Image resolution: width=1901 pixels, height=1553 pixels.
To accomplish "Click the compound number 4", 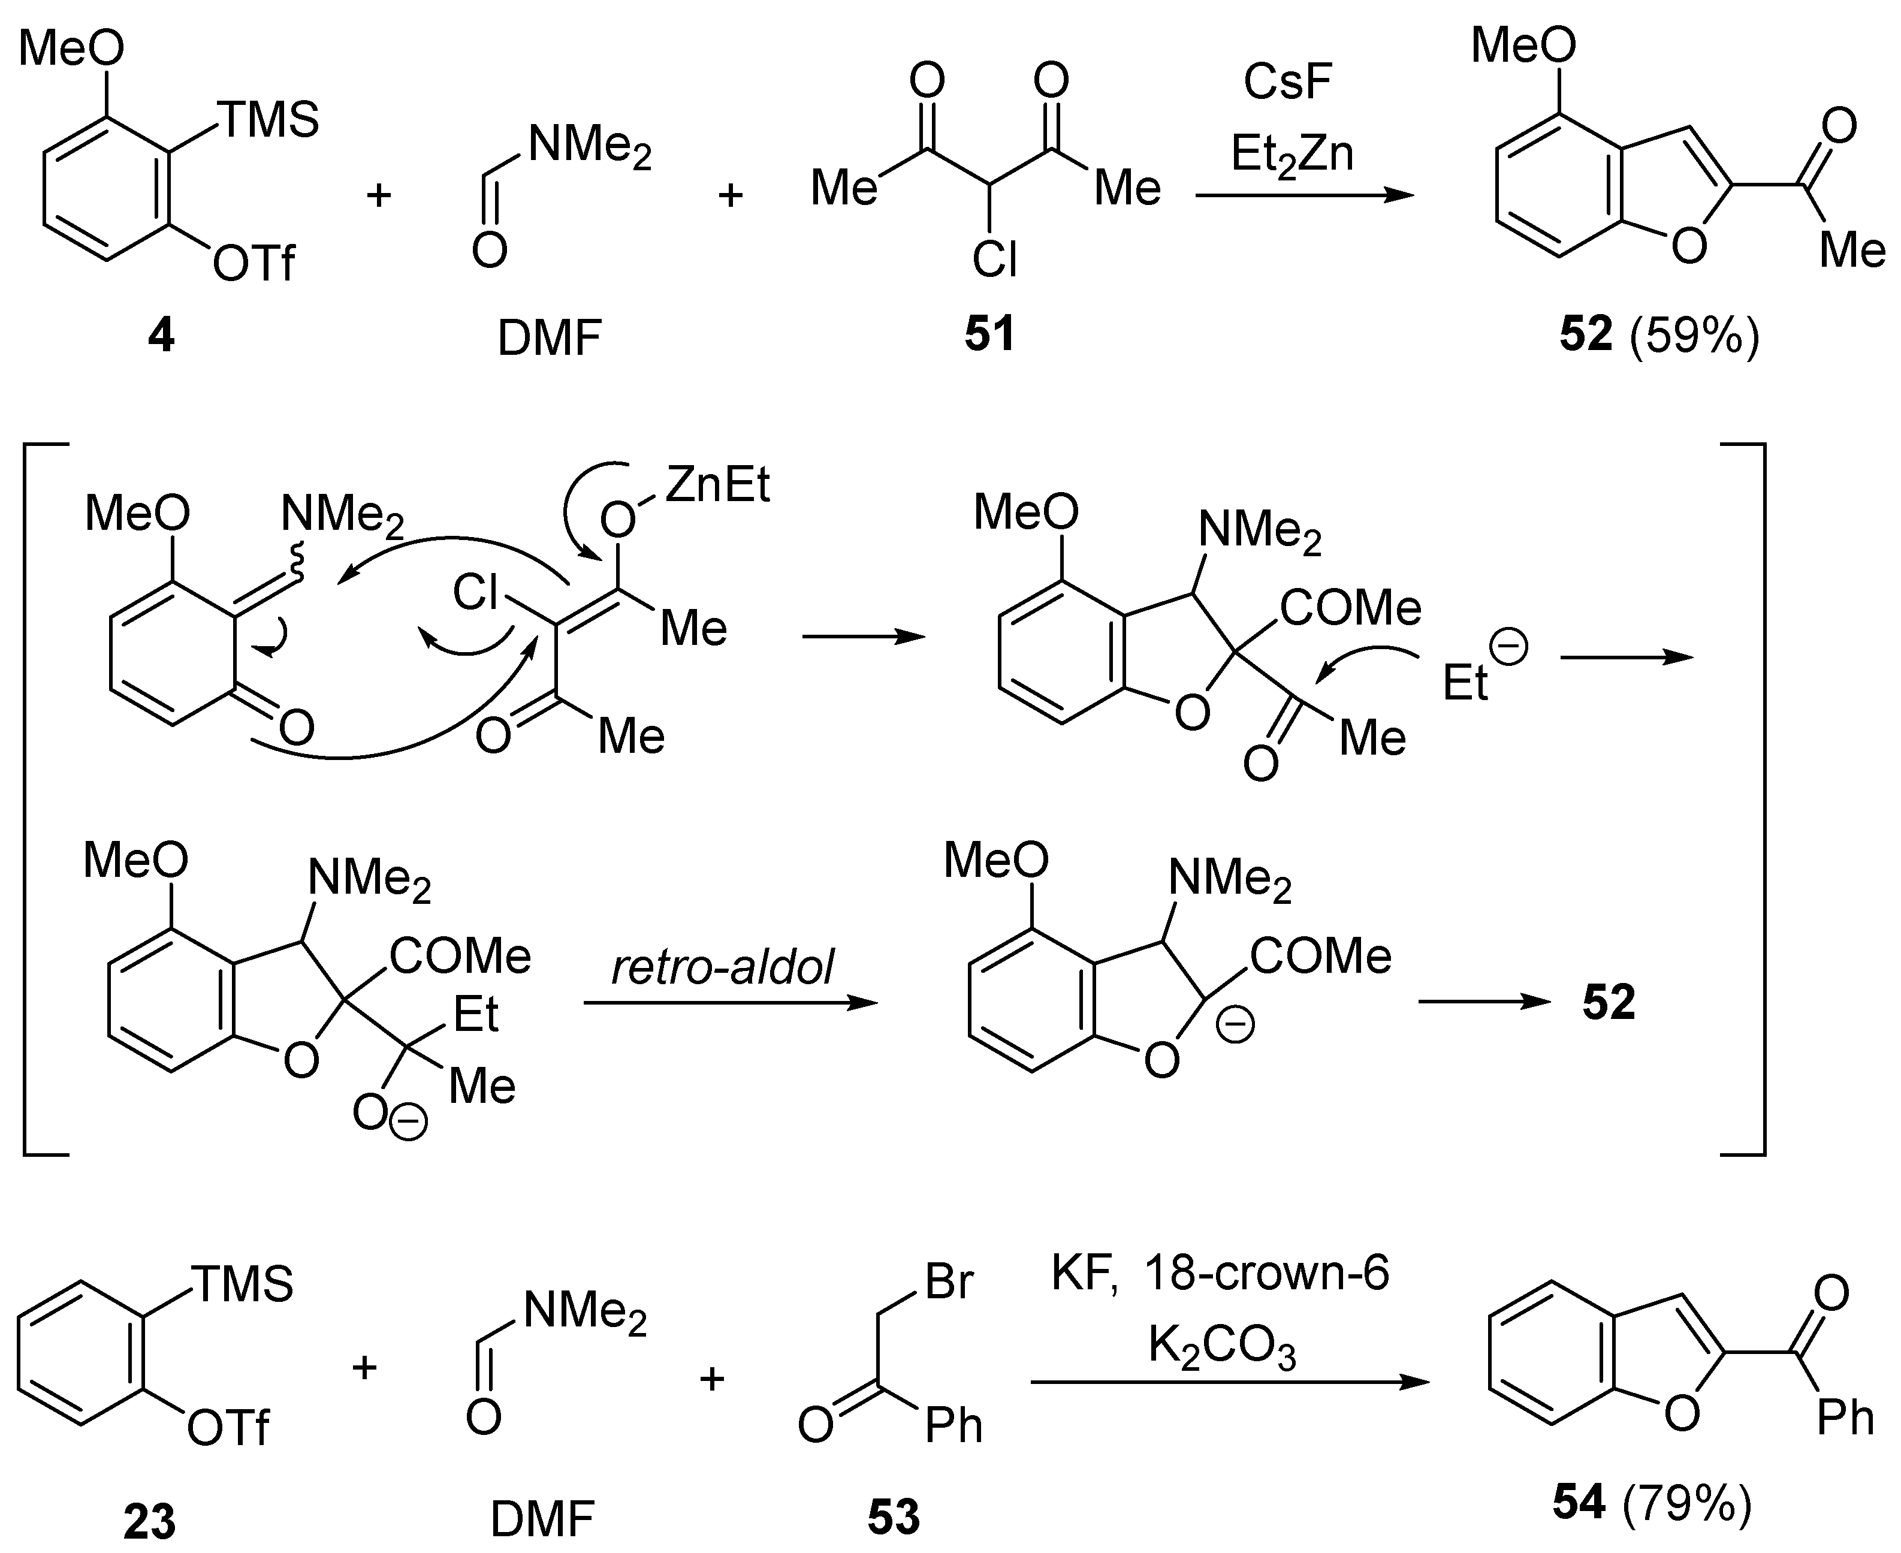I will pyautogui.click(x=161, y=336).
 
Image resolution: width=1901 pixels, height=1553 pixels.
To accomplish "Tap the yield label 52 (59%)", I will pyautogui.click(x=1658, y=334).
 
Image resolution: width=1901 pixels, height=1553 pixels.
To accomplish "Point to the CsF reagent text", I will pyautogui.click(x=1288, y=82).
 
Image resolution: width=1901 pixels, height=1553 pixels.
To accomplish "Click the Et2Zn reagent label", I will pyautogui.click(x=1292, y=155).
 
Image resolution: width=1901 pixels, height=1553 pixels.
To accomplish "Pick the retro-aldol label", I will pyautogui.click(x=722, y=966).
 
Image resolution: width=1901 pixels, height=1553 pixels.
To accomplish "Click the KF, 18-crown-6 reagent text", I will pyautogui.click(x=1220, y=1272).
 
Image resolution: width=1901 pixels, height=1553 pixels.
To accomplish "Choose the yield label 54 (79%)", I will pyautogui.click(x=1652, y=1502).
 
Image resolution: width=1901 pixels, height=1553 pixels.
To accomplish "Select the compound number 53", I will pyautogui.click(x=893, y=1517).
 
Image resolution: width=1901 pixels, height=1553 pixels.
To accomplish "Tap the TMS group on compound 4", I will pyautogui.click(x=268, y=120).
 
